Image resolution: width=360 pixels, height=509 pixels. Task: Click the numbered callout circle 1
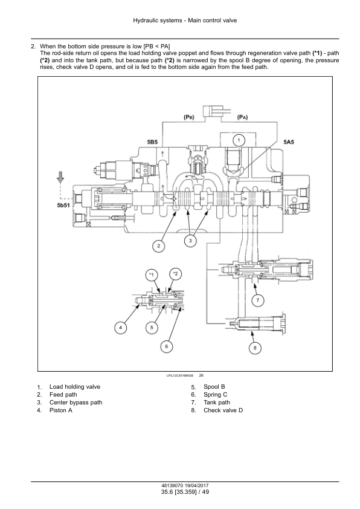[239, 140]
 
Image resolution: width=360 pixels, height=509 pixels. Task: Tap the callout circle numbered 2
[159, 246]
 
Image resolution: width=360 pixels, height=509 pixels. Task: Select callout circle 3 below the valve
[190, 241]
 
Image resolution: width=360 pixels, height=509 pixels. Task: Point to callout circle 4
[120, 328]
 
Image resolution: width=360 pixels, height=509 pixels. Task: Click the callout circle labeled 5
[152, 328]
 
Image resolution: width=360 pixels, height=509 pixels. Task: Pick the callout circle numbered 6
[166, 346]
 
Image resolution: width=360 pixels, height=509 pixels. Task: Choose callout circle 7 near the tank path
[258, 300]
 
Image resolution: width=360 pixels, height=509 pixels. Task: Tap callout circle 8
[254, 348]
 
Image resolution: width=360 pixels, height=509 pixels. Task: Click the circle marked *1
[152, 275]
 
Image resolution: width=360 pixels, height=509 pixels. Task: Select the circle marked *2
[175, 274]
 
